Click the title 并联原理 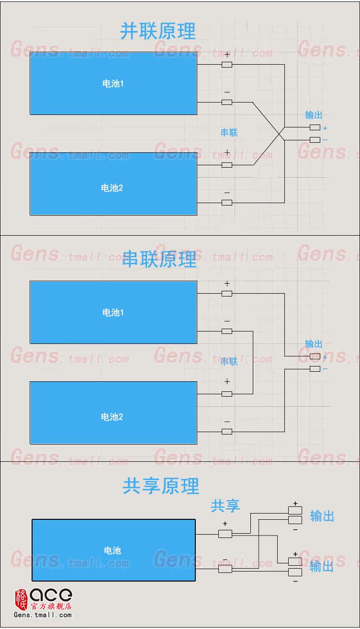(157, 31)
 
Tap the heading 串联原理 (159, 259)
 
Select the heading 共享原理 (160, 486)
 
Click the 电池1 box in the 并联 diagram (113, 83)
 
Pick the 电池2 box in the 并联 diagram (113, 184)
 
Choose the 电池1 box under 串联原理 (113, 312)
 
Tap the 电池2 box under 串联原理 (113, 413)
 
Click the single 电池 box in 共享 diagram (113, 550)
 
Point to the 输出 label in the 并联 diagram (314, 115)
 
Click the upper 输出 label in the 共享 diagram (322, 516)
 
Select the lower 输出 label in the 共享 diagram (321, 566)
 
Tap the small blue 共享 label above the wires (225, 505)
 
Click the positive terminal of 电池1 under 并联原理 (227, 65)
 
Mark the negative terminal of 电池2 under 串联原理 (227, 432)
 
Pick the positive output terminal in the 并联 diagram (315, 127)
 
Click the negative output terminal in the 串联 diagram (315, 369)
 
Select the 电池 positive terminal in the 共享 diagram (225, 534)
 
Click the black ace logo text (51, 595)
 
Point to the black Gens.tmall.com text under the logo (43, 615)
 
